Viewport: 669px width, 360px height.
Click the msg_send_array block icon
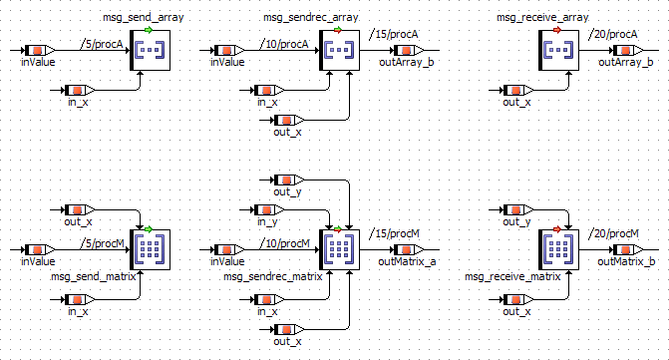tap(151, 50)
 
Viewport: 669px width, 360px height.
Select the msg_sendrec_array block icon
tap(340, 50)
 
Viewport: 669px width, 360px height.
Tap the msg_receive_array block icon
tap(559, 50)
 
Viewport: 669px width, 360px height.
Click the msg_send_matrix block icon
tap(151, 250)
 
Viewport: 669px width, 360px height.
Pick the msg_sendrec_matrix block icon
tap(340, 250)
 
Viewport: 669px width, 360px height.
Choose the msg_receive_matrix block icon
tap(559, 250)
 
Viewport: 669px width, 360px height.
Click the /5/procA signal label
tap(102, 44)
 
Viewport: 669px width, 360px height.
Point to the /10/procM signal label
tap(284, 243)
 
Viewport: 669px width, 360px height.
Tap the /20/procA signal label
tap(613, 34)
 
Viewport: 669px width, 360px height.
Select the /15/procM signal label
tap(394, 233)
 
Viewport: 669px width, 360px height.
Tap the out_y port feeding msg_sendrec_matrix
tap(289, 180)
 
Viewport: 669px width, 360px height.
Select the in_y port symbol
tap(269, 209)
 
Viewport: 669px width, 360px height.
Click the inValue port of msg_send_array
tap(40, 50)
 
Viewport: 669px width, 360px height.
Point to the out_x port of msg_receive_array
tap(518, 91)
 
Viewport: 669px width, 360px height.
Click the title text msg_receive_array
tap(542, 18)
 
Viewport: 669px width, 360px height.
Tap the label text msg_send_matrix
tap(94, 276)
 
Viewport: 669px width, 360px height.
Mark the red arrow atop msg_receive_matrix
tap(556, 229)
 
